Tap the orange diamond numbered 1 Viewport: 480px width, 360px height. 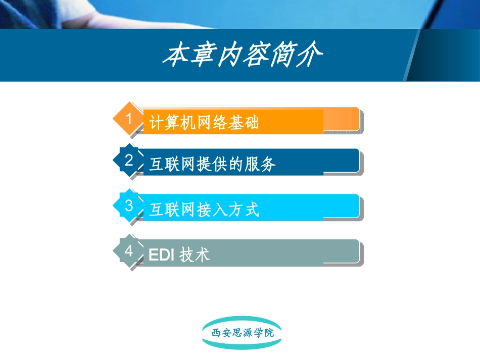[128, 119]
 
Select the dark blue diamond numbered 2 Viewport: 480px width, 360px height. [128, 161]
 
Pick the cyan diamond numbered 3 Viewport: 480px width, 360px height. [128, 205]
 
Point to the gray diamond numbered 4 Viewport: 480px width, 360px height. [128, 250]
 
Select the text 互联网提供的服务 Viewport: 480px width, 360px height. [213, 164]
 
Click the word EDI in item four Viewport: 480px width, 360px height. [162, 254]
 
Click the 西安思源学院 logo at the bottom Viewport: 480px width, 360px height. [242, 333]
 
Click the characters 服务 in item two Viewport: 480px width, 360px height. [261, 164]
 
